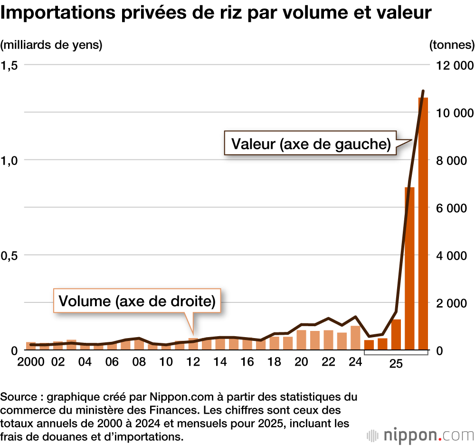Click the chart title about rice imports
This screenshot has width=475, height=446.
point(216,13)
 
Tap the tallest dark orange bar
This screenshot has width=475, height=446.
point(423,223)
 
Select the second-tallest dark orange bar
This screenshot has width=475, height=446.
point(409,269)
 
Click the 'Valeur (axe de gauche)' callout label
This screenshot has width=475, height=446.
point(311,143)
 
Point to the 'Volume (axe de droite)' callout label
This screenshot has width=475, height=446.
point(137,301)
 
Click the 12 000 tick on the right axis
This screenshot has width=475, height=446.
point(455,65)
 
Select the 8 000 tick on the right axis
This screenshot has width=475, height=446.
point(455,160)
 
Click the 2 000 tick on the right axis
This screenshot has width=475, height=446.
point(455,303)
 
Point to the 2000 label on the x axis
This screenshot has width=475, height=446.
point(32,362)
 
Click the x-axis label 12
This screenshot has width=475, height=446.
point(193,362)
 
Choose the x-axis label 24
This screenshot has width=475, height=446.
point(354,362)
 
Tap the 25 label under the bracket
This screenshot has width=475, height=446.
point(396,364)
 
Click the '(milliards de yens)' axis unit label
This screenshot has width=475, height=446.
point(51,45)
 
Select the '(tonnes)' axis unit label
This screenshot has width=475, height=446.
point(451,45)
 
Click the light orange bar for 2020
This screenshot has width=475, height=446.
point(301,340)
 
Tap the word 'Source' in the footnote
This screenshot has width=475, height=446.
point(17,397)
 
